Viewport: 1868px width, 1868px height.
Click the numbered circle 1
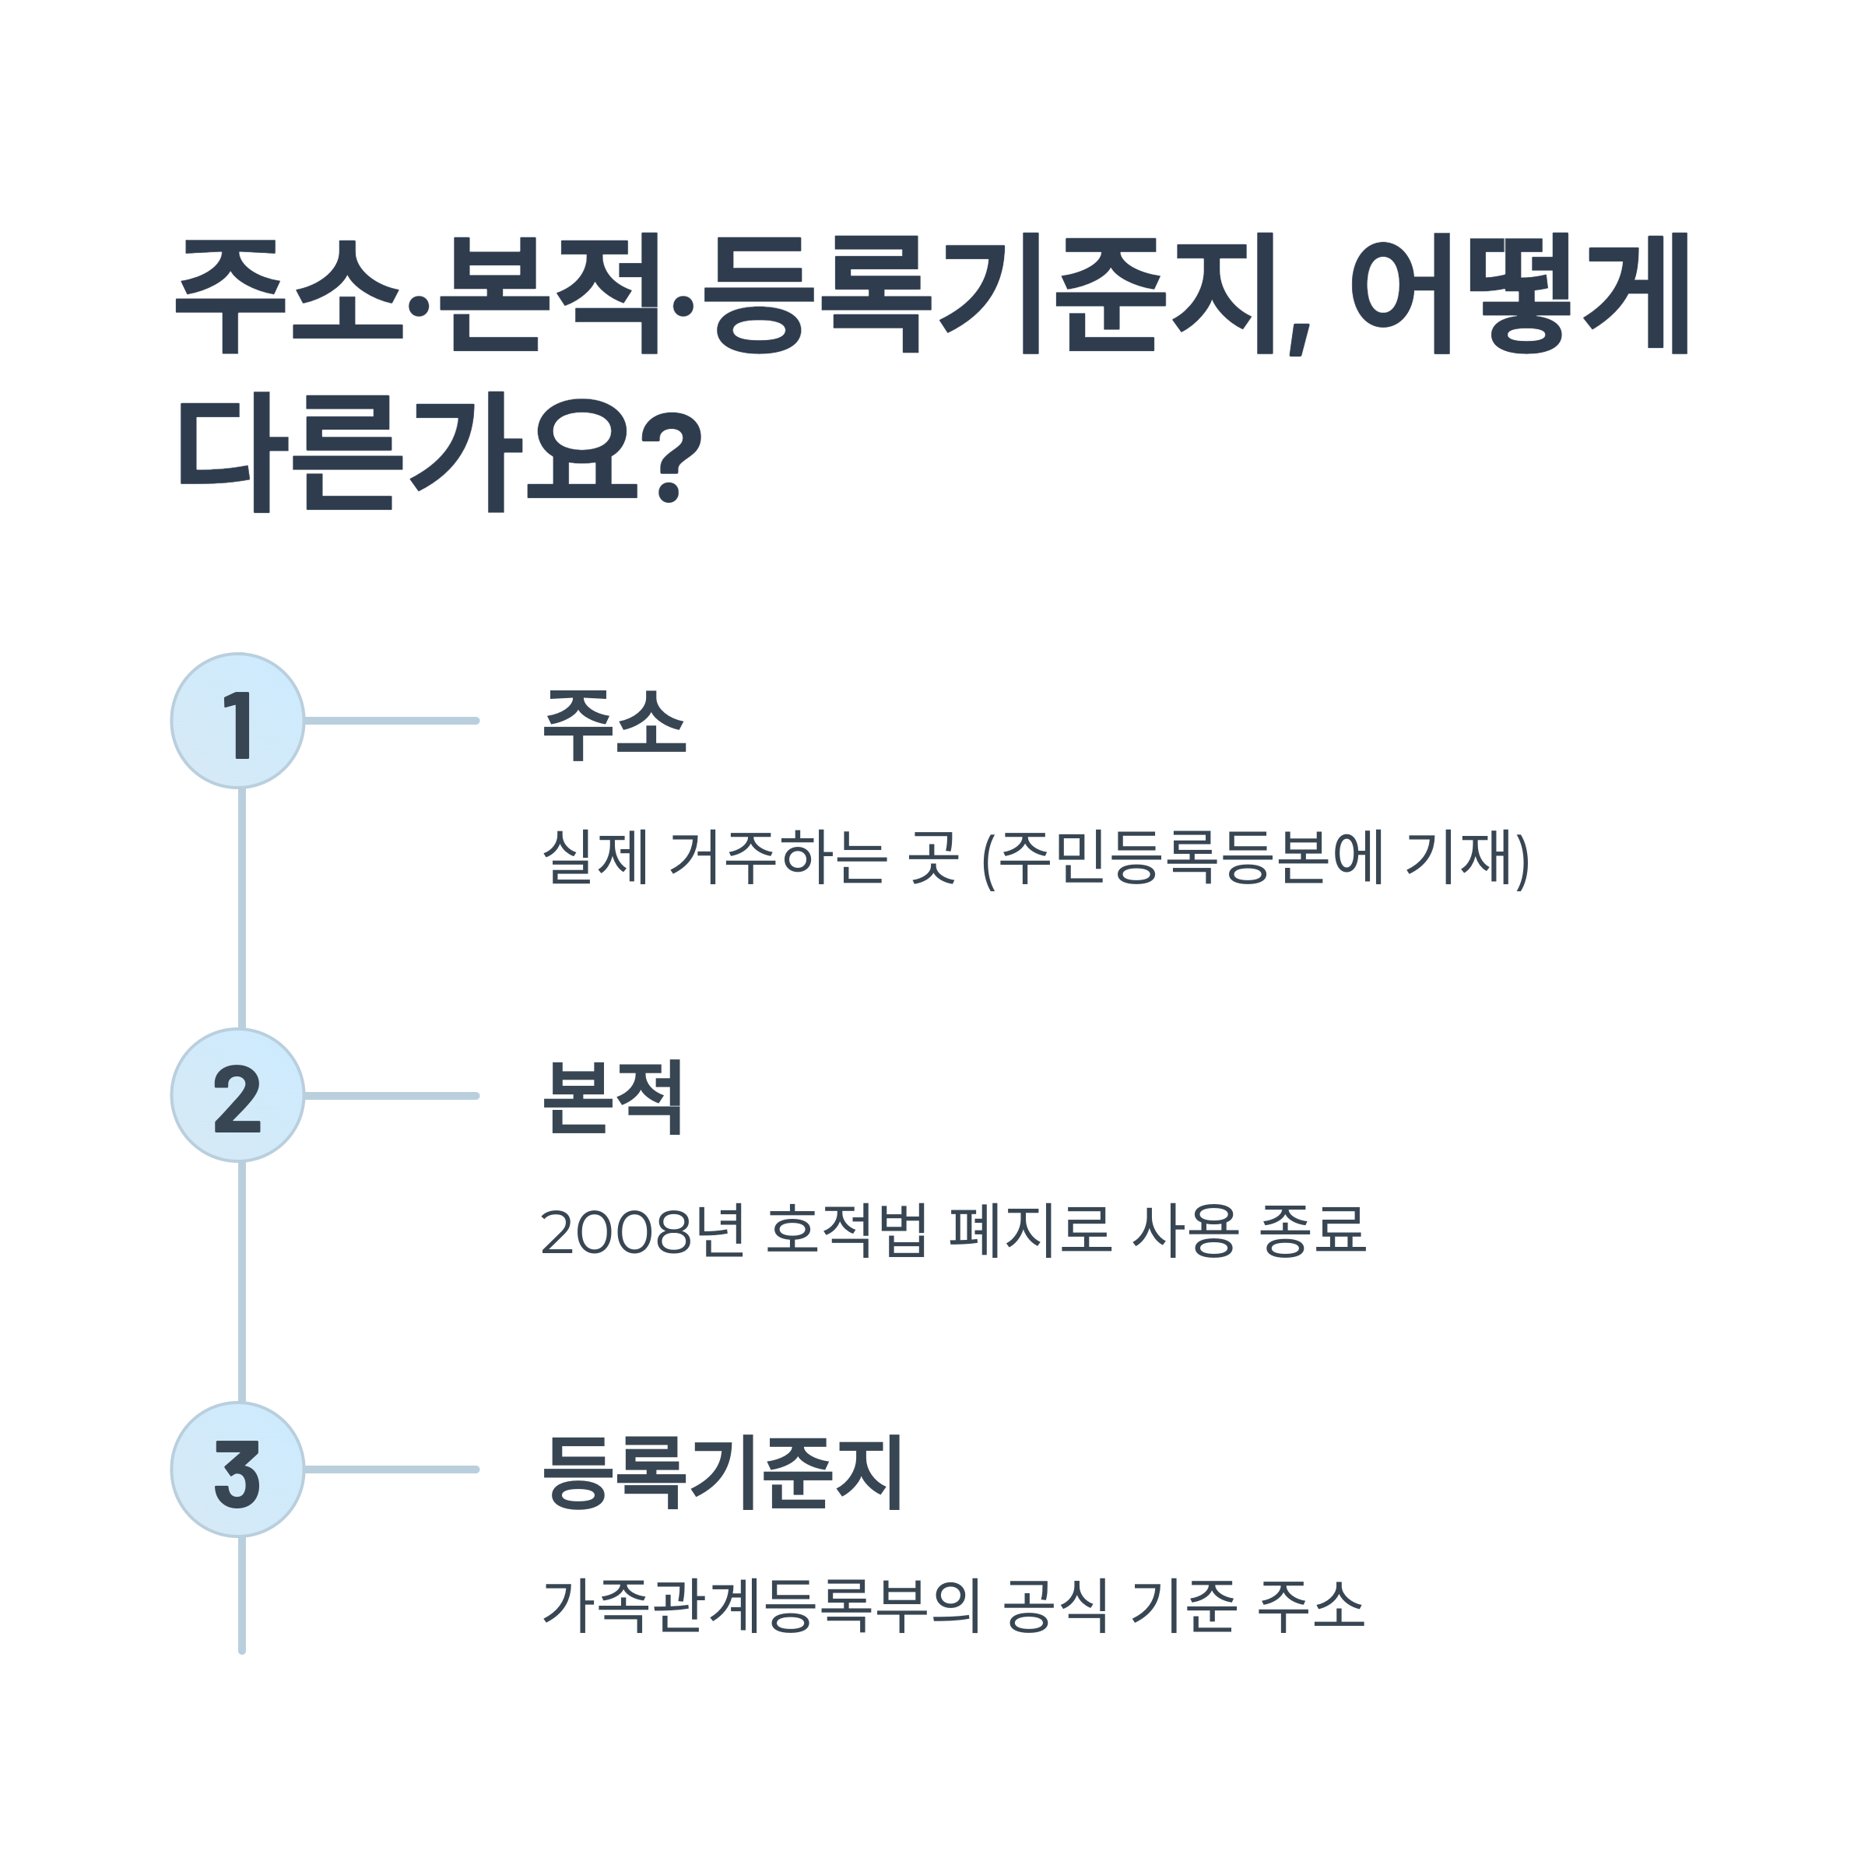238,720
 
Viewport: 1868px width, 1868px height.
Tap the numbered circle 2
238,1095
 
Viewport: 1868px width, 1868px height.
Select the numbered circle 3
238,1469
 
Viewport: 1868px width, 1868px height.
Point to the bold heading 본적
613,1097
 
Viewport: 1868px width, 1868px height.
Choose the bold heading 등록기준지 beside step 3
722,1472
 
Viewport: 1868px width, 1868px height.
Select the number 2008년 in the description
643,1231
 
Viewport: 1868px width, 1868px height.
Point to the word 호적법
846,1231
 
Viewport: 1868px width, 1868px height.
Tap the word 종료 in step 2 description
1313,1231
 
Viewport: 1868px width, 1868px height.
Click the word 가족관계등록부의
762,1605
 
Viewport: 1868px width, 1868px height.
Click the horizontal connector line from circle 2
392,1095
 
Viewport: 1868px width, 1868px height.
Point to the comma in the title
1301,339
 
